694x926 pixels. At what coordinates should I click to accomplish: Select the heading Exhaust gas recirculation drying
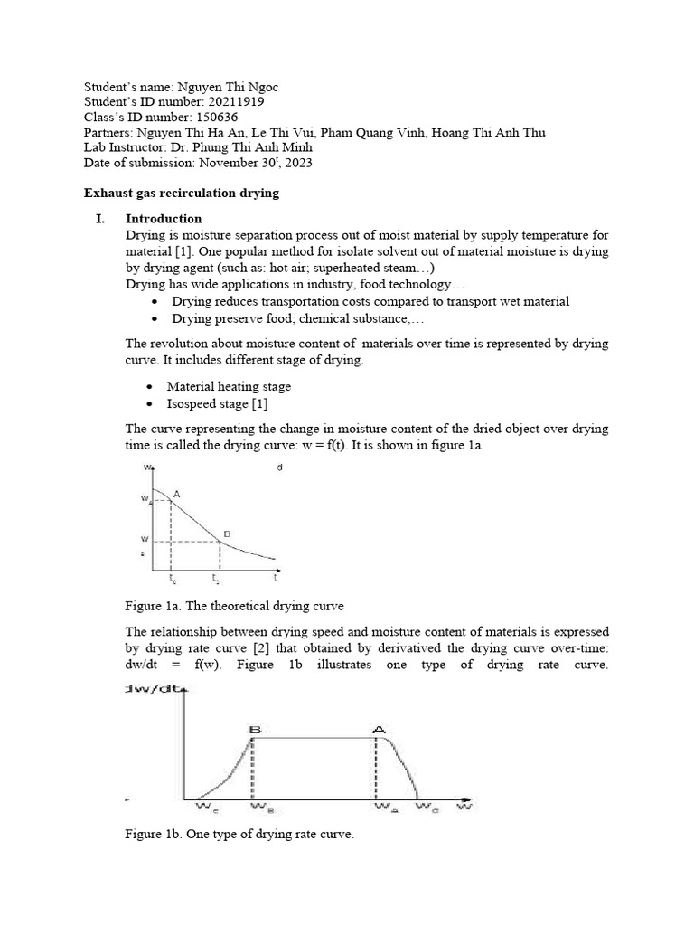coord(181,193)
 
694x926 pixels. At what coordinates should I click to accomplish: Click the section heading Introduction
coord(163,219)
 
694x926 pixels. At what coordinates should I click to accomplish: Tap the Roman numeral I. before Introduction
coord(99,219)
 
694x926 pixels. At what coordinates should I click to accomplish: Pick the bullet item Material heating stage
coord(229,386)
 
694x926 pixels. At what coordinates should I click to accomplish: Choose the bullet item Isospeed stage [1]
coord(217,403)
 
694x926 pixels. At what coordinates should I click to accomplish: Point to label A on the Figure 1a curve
coord(176,494)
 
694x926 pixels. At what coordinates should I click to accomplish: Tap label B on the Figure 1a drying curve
coord(227,534)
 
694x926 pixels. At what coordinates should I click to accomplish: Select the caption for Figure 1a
coord(234,605)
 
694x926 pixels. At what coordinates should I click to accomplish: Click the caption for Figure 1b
coord(239,834)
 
